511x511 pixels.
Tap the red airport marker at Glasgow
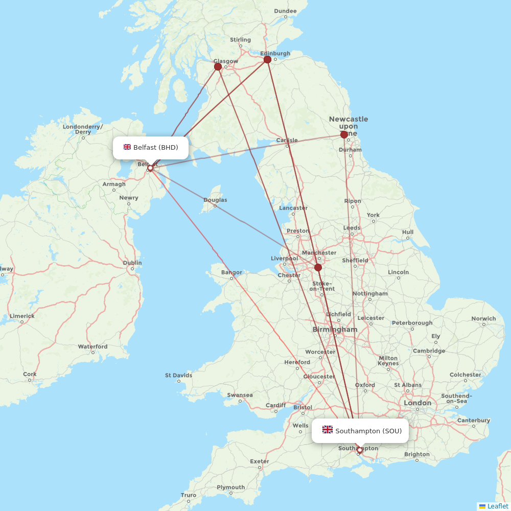(218, 66)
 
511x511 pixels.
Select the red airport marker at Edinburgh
(267, 60)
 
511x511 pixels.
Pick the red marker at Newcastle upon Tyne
(344, 135)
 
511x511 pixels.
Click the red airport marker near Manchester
(318, 267)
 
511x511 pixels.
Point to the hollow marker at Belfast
(150, 168)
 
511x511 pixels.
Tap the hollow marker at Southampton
(360, 450)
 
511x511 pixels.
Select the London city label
(417, 403)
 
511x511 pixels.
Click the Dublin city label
(132, 263)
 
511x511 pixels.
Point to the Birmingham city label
(335, 330)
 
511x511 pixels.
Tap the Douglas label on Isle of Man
(215, 200)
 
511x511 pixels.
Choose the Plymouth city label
(230, 487)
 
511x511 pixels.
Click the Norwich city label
(483, 318)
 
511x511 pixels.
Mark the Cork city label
(30, 374)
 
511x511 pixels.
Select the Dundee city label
(285, 11)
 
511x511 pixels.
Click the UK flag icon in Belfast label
(127, 147)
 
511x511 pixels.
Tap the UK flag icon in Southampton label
(328, 430)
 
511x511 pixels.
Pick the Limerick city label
(21, 316)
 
